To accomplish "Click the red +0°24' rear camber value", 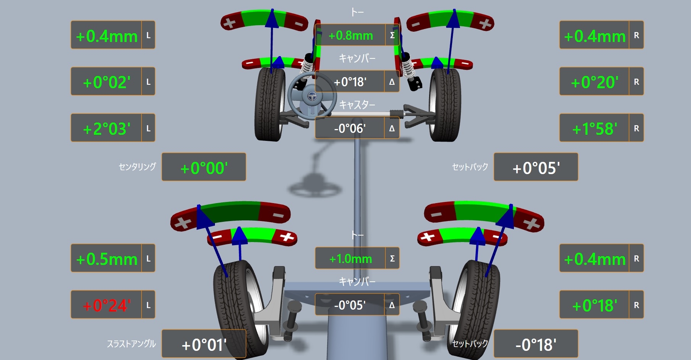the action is (107, 305).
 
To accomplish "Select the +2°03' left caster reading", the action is (107, 129).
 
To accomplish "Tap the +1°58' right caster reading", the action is (594, 129).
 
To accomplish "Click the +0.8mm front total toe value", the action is (350, 36).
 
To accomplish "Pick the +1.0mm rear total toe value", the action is (350, 259).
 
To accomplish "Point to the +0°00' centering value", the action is (204, 168).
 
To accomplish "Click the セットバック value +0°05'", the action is (536, 168).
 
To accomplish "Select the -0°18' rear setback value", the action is (536, 345).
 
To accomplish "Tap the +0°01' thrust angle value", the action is (204, 345).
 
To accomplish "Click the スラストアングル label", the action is (131, 344).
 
